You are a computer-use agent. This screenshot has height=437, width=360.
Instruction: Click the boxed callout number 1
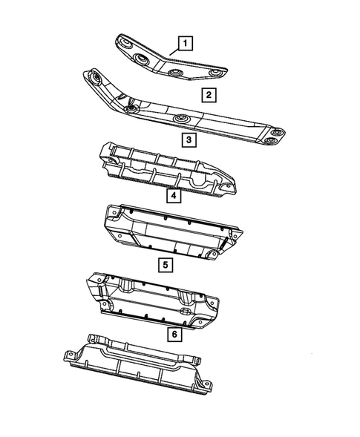click(x=184, y=43)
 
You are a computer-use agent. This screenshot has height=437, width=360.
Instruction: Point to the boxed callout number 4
click(x=171, y=197)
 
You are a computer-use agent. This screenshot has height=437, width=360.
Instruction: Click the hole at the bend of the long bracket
click(x=132, y=108)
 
